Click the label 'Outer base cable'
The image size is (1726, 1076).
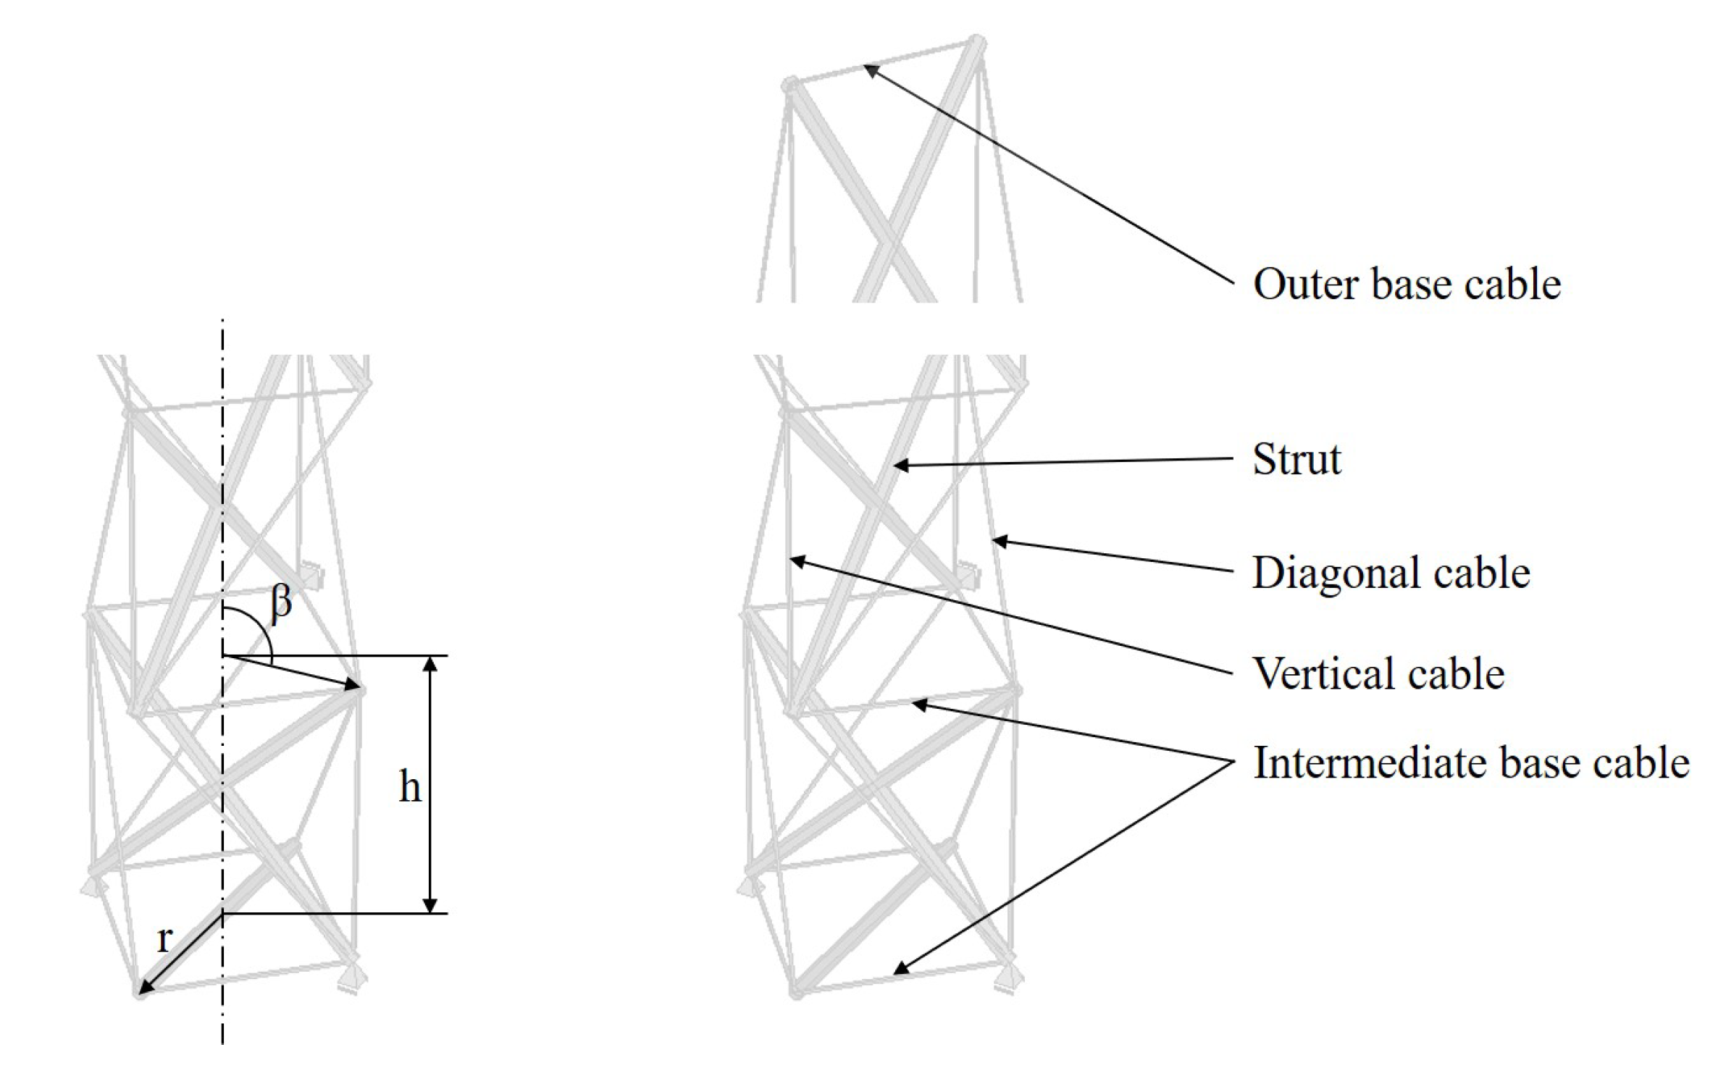pos(1406,283)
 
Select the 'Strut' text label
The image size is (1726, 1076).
pos(1296,459)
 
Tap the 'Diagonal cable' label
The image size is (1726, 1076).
pos(1391,573)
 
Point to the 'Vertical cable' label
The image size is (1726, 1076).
pos(1378,673)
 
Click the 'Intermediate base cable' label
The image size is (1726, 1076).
pos(1471,762)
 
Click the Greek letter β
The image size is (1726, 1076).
pos(281,602)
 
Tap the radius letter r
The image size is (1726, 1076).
pos(164,939)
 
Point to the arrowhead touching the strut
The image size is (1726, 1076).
pos(900,466)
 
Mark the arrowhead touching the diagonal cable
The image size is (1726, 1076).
pos(1000,540)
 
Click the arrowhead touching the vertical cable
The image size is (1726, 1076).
pos(797,560)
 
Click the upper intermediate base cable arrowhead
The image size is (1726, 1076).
pos(918,703)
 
